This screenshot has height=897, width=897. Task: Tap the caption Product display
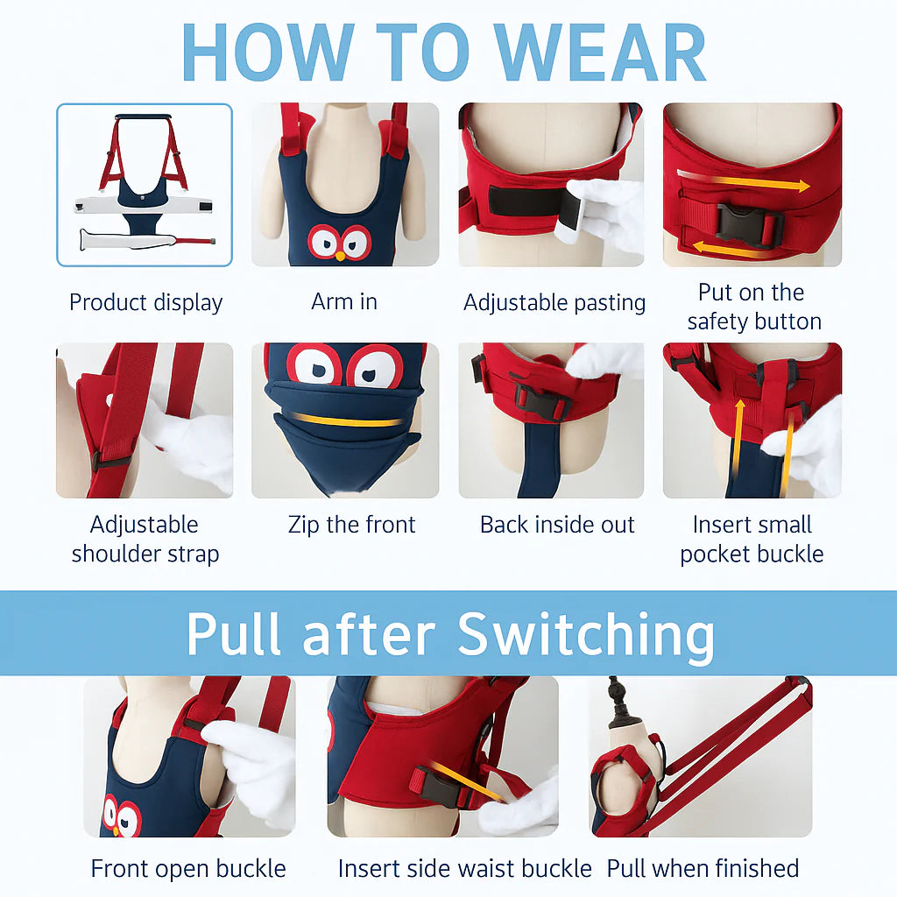pos(145,303)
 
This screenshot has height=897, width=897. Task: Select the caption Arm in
pos(344,302)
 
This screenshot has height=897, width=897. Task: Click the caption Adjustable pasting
pos(554,303)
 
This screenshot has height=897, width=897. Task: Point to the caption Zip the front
pos(351,526)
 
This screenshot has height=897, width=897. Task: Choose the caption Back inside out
pos(557,526)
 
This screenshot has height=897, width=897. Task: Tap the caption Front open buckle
pos(188,869)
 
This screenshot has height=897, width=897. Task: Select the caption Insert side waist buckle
pos(464,869)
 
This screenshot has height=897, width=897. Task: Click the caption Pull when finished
pos(703,869)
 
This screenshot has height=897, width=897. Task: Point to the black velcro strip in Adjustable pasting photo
pos(524,201)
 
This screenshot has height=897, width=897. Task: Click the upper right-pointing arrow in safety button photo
pos(754,183)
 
